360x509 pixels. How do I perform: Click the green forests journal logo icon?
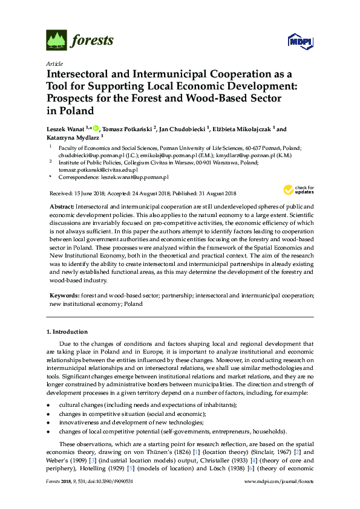56,41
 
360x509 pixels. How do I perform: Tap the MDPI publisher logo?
300,41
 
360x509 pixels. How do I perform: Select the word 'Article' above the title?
54,63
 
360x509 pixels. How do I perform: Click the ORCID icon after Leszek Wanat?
96,129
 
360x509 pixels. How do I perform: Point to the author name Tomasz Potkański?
128,129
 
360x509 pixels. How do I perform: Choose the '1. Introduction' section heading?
67,332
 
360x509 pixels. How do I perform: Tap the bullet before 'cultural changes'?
48,404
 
